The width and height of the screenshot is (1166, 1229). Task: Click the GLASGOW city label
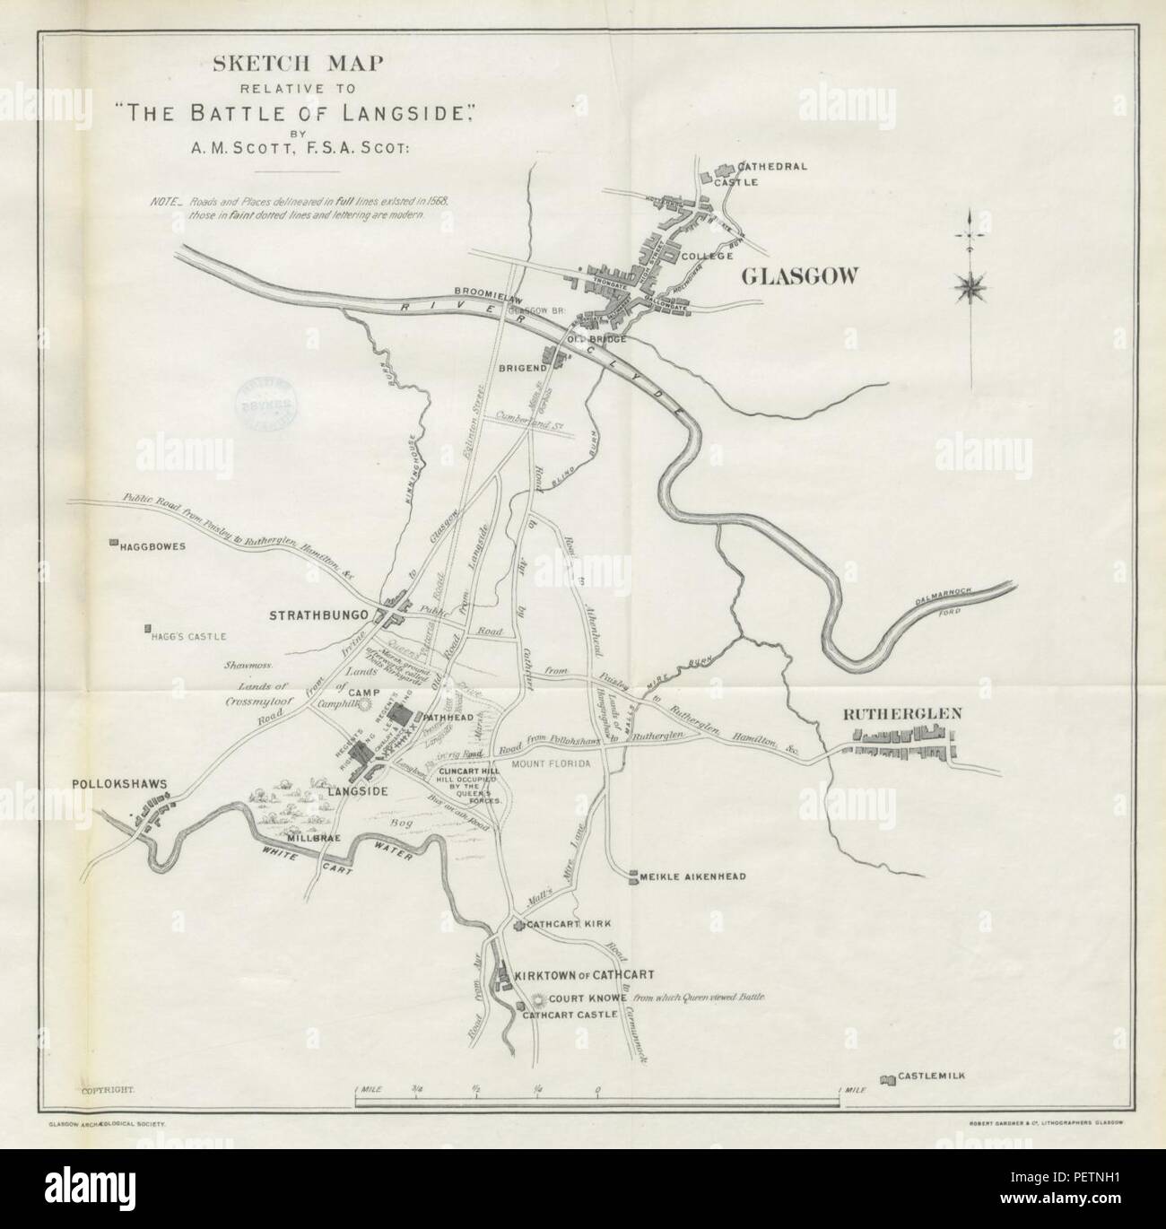coord(799,277)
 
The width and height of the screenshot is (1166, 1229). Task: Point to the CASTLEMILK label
coord(932,1076)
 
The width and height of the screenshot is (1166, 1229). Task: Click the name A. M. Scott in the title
coord(298,151)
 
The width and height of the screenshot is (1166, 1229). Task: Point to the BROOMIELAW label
coord(483,292)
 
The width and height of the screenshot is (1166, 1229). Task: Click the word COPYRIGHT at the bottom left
coord(108,1089)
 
